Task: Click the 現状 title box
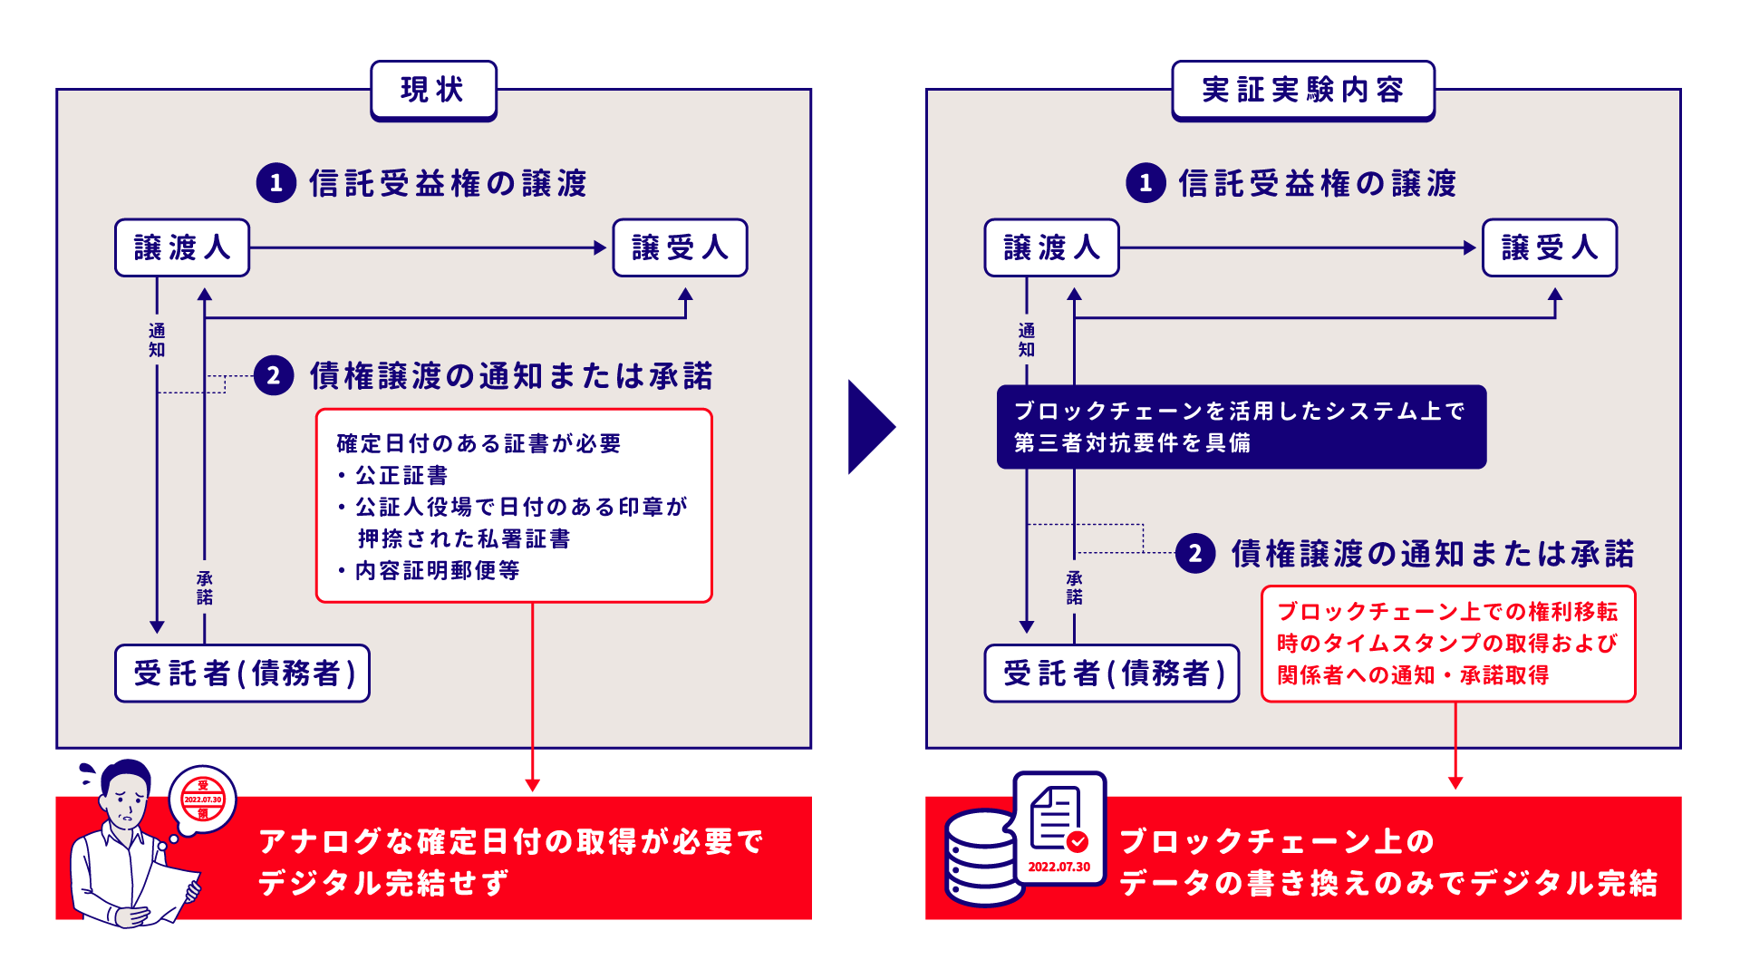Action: click(433, 90)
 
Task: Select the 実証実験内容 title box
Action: click(1302, 90)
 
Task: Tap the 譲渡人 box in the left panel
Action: click(181, 247)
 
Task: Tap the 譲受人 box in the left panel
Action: click(680, 247)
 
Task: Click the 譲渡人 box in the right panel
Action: click(1051, 247)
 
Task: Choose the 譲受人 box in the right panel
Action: click(1549, 247)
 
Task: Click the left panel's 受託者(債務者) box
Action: click(242, 674)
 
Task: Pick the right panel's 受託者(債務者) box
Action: click(1111, 674)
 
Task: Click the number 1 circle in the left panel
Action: click(276, 183)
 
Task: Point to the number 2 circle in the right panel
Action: click(1195, 553)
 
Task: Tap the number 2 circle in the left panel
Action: click(274, 375)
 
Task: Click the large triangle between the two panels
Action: click(868, 427)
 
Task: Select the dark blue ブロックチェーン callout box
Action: click(1241, 427)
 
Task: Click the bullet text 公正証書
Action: click(401, 475)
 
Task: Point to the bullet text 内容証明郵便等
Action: click(437, 570)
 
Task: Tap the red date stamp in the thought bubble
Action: click(203, 800)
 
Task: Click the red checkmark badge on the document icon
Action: click(1077, 841)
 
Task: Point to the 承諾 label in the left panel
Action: click(205, 587)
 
